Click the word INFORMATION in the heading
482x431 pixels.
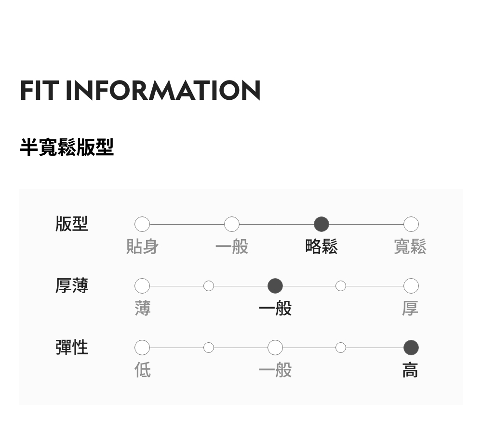pos(163,91)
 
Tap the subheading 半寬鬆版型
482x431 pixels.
pos(67,147)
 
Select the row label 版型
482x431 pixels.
pos(72,224)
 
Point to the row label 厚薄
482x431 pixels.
pos(72,286)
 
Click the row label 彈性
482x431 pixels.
pos(72,347)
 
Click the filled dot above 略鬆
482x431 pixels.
pos(321,224)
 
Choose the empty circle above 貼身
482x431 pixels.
pos(142,224)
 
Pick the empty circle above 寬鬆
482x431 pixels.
pos(411,224)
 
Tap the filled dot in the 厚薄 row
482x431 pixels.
pos(275,286)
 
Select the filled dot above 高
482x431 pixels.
pos(411,348)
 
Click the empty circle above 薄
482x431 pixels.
pos(142,286)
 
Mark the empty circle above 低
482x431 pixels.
pos(142,348)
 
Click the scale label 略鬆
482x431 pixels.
pos(321,247)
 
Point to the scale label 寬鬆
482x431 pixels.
pos(410,247)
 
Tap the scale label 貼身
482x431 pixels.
pos(142,247)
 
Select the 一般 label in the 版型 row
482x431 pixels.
pos(232,247)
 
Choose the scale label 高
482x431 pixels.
pos(410,370)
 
